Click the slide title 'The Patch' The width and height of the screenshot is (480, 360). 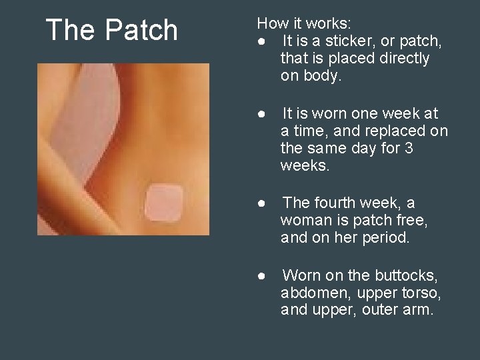[x=111, y=31]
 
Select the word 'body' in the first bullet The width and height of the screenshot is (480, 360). [x=327, y=76]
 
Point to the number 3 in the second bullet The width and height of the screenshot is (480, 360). [x=408, y=148]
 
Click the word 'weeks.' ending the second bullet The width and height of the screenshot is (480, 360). [x=305, y=165]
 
